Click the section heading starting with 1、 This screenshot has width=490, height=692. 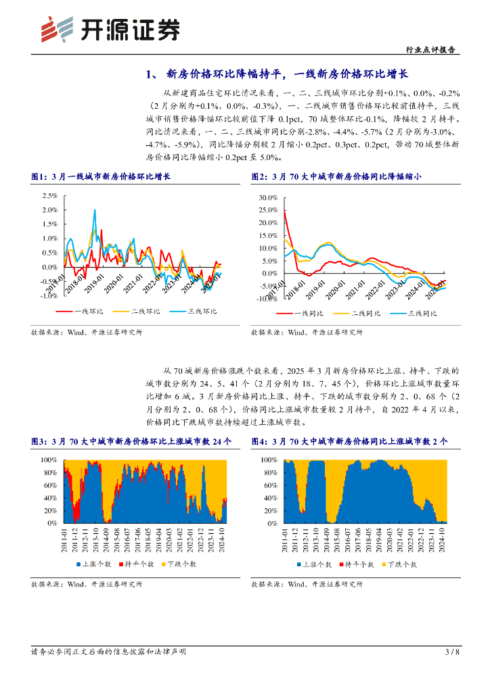click(278, 74)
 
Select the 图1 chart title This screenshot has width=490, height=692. click(101, 177)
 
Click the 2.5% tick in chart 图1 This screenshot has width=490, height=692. click(49, 195)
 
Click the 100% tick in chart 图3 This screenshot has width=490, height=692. click(49, 460)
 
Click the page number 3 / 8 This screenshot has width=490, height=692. click(452, 651)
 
